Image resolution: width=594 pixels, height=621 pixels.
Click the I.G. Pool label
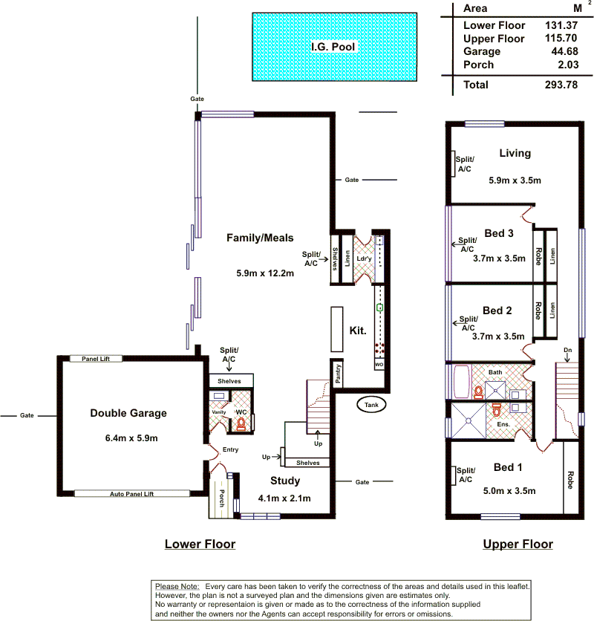pyautogui.click(x=333, y=47)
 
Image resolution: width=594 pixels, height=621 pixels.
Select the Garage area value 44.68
pyautogui.click(x=565, y=51)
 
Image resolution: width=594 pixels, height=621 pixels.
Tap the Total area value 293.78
pyautogui.click(x=561, y=85)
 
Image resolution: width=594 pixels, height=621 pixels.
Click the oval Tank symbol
pyautogui.click(x=371, y=405)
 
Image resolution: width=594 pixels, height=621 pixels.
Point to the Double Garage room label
pyautogui.click(x=128, y=413)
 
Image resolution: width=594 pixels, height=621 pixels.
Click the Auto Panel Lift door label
pyautogui.click(x=132, y=494)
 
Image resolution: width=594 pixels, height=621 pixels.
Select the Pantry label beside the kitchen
pyautogui.click(x=337, y=374)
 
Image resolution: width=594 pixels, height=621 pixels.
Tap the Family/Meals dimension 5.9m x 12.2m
pyautogui.click(x=265, y=273)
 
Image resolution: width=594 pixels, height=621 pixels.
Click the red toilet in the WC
pyautogui.click(x=241, y=424)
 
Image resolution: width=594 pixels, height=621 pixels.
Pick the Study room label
pyautogui.click(x=285, y=481)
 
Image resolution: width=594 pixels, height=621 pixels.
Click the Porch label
pyautogui.click(x=222, y=498)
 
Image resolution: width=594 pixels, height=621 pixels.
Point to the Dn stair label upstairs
pyautogui.click(x=568, y=350)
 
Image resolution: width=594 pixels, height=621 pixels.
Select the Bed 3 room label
pyautogui.click(x=499, y=233)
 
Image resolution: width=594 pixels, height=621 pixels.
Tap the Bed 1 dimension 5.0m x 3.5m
pyautogui.click(x=509, y=491)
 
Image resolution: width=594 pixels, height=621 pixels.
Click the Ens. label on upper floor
pyautogui.click(x=503, y=424)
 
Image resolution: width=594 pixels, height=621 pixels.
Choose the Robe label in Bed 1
pyautogui.click(x=570, y=480)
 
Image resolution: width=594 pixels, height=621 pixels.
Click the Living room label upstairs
pyautogui.click(x=515, y=153)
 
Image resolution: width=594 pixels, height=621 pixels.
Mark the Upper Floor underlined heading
pyautogui.click(x=518, y=544)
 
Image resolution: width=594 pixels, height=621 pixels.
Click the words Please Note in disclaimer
pyautogui.click(x=177, y=587)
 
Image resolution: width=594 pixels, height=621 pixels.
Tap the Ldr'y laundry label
pyautogui.click(x=364, y=259)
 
